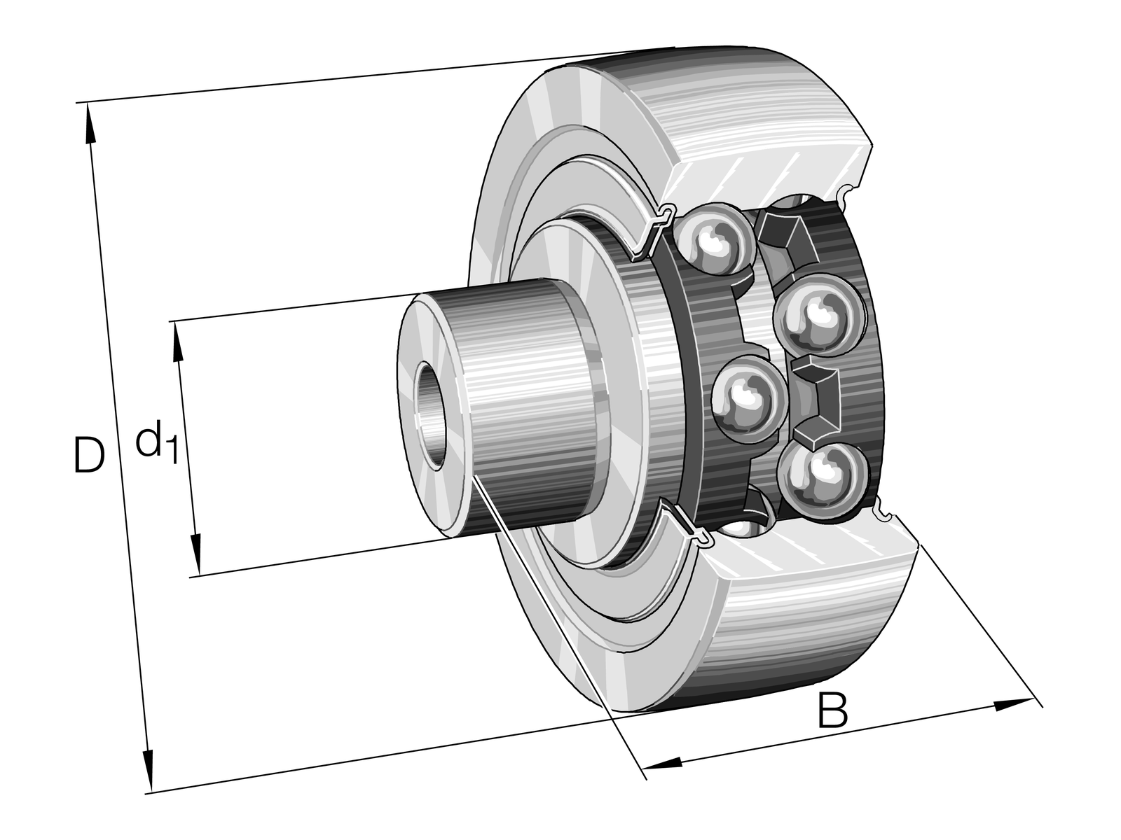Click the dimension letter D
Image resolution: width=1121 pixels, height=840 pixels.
(x=89, y=455)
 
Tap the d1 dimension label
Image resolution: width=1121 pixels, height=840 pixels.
(x=156, y=440)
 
